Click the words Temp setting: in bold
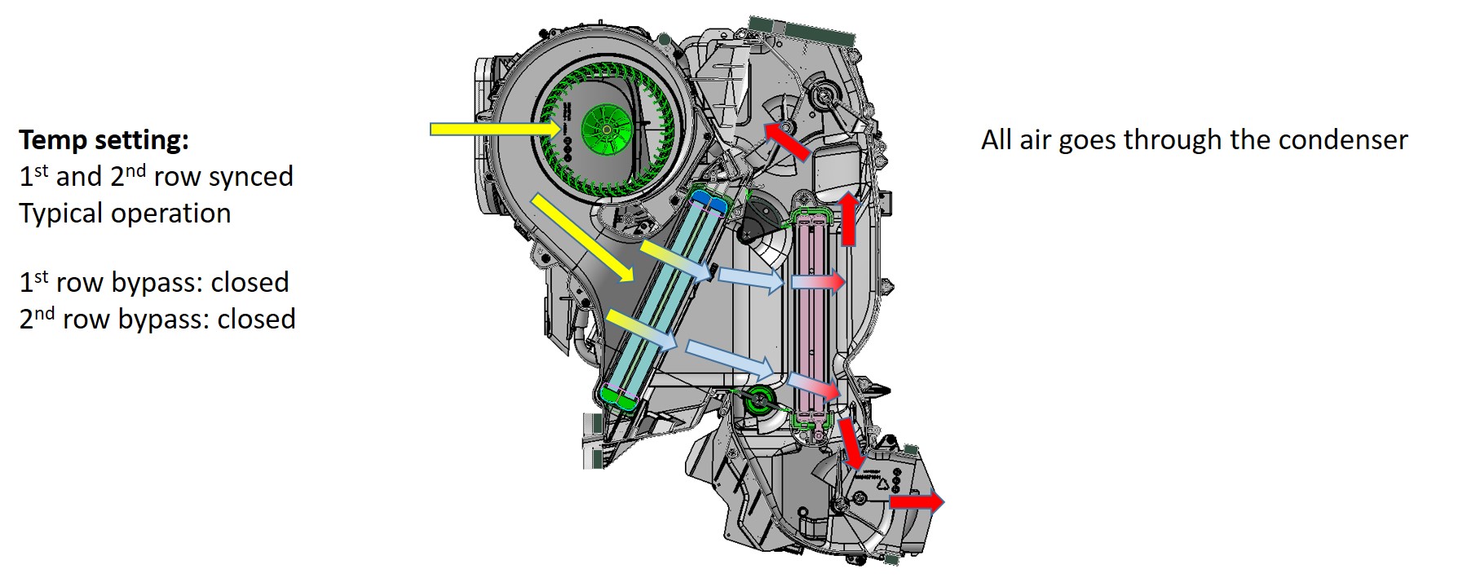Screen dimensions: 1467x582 (104, 140)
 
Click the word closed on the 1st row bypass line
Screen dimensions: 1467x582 (250, 282)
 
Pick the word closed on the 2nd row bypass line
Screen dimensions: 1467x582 (256, 319)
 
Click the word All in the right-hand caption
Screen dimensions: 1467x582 (996, 140)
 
